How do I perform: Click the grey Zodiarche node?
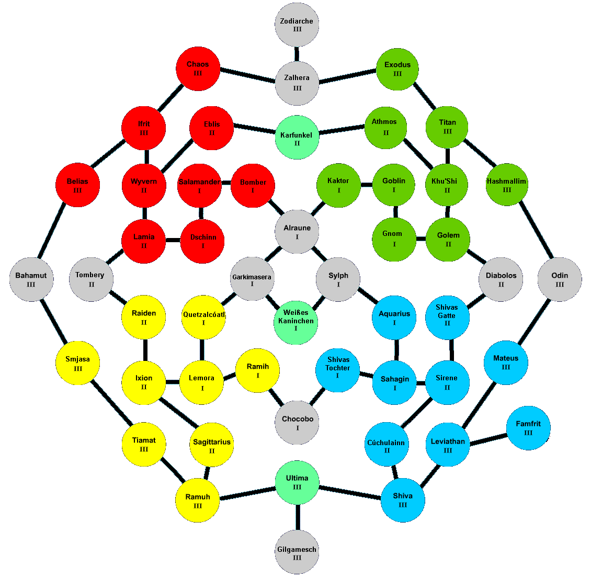pyautogui.click(x=297, y=25)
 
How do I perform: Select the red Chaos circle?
pyautogui.click(x=198, y=69)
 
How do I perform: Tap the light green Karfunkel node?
pyautogui.click(x=297, y=138)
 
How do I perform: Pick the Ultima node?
pyautogui.click(x=297, y=483)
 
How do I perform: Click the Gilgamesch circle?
pyautogui.click(x=297, y=552)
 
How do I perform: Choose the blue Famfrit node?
pyautogui.click(x=528, y=428)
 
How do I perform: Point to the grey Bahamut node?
pyautogui.click(x=31, y=279)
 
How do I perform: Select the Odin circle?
pyautogui.click(x=560, y=279)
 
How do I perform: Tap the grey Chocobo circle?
pyautogui.click(x=297, y=423)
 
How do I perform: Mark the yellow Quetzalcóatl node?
pyautogui.click(x=203, y=318)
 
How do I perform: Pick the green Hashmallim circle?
pyautogui.click(x=507, y=185)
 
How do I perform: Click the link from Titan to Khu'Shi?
pyautogui.click(x=448, y=156)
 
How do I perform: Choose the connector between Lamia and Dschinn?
pyautogui.click(x=173, y=241)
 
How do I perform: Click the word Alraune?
pyautogui.click(x=297, y=228)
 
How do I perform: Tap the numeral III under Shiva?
pyautogui.click(x=403, y=505)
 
